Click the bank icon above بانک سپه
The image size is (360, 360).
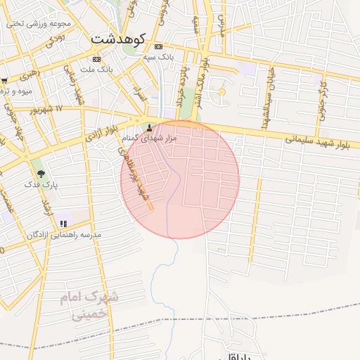[157, 47]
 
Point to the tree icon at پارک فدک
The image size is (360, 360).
[40, 173]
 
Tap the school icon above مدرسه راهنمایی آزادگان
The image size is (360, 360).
[64, 224]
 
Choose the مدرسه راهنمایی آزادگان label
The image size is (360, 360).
[64, 234]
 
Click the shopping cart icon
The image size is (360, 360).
[4, 80]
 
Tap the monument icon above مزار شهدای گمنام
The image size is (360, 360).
[148, 129]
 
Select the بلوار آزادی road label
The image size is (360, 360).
[99, 134]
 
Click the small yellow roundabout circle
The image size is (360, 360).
[222, 91]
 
